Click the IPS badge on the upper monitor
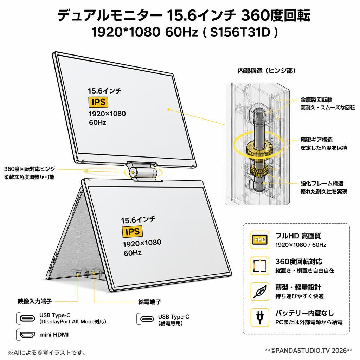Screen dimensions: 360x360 (98, 102)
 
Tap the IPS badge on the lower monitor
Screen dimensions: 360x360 (132, 231)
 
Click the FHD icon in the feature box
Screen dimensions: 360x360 (260, 240)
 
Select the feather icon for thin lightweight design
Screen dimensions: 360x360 (260, 291)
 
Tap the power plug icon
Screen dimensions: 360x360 (260, 317)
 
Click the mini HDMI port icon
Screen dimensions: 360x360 (27, 335)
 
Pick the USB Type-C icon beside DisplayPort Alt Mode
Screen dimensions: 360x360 (27, 318)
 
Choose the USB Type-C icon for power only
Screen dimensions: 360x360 (147, 319)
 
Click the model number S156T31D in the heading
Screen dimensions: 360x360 (240, 32)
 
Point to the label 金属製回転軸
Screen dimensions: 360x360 (316, 99)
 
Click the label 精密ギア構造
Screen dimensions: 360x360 (316, 140)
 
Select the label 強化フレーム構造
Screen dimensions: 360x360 (322, 183)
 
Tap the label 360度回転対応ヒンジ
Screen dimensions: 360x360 (30, 169)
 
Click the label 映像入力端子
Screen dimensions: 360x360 (35, 301)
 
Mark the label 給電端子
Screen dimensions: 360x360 (149, 302)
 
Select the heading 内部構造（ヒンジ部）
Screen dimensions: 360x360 (266, 70)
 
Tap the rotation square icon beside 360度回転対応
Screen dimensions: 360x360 (260, 266)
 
